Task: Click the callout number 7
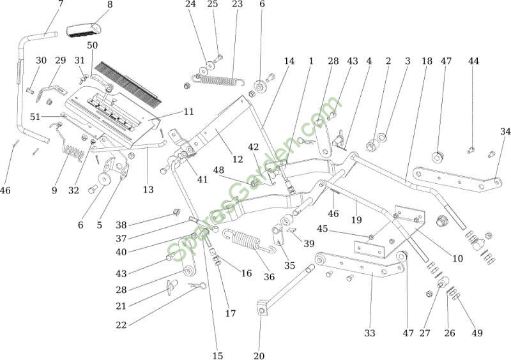(x=61, y=4)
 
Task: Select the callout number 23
(x=237, y=4)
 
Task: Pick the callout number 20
(x=259, y=355)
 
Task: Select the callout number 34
(x=505, y=131)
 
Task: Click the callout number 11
(x=188, y=111)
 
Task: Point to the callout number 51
(x=36, y=116)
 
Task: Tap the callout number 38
(x=121, y=225)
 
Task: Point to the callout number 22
(x=121, y=325)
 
